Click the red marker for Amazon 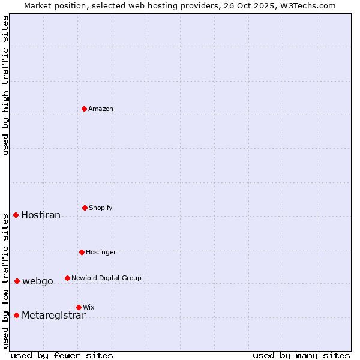click(85, 109)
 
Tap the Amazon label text click(101, 109)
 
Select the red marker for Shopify click(85, 208)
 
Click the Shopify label click(101, 208)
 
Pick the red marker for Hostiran click(16, 215)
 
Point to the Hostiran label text click(41, 215)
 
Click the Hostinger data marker click(82, 252)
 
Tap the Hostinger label click(101, 252)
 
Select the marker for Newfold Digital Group click(67, 278)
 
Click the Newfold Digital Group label click(106, 278)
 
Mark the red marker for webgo click(17, 281)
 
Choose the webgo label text click(38, 281)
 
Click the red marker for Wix click(79, 307)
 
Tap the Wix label click(89, 307)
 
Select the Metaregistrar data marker click(16, 315)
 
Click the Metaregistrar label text click(53, 316)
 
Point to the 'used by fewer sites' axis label click(62, 355)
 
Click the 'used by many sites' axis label click(301, 355)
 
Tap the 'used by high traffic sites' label click(6, 85)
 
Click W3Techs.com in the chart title click(305, 5)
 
